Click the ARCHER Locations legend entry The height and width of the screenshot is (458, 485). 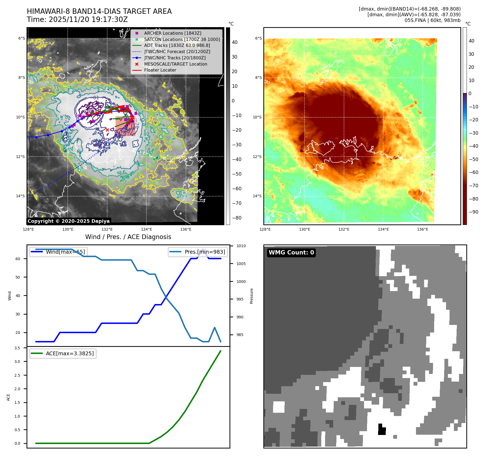pyautogui.click(x=172, y=33)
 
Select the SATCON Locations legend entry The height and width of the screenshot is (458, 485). pyautogui.click(x=182, y=39)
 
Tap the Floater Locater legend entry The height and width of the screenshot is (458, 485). pyautogui.click(x=160, y=70)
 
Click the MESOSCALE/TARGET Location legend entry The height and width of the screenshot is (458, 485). pyautogui.click(x=175, y=64)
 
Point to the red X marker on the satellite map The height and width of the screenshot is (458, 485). pyautogui.click(x=107, y=130)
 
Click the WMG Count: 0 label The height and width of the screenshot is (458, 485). pyautogui.click(x=291, y=253)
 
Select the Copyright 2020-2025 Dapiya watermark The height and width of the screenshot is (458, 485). pyautogui.click(x=68, y=221)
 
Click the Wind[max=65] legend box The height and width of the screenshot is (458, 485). pyautogui.click(x=58, y=252)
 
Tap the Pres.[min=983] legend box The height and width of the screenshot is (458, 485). pyautogui.click(x=198, y=252)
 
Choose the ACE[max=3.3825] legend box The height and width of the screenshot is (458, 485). pyautogui.click(x=63, y=353)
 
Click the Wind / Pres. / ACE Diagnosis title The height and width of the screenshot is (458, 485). pyautogui.click(x=128, y=237)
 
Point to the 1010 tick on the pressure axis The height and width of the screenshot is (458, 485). pyautogui.click(x=241, y=246)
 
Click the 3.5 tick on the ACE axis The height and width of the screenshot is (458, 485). pyautogui.click(x=17, y=348)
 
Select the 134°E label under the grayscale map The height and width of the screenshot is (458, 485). pyautogui.click(x=146, y=229)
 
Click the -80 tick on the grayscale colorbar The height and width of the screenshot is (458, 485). pyautogui.click(x=237, y=218)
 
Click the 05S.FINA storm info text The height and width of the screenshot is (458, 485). pyautogui.click(x=432, y=20)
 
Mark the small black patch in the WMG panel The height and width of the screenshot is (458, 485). pyautogui.click(x=382, y=430)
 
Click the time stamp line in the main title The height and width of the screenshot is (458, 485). pyautogui.click(x=77, y=20)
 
